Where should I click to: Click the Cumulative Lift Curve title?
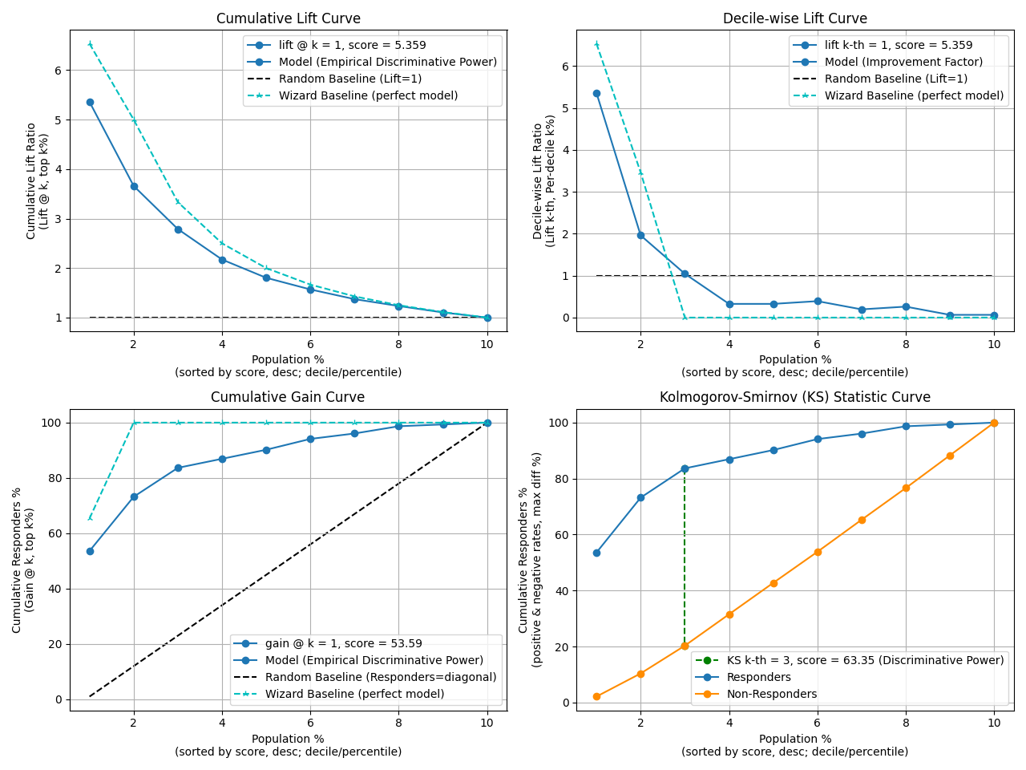[x=289, y=18]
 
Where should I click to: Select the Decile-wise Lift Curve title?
[x=794, y=18]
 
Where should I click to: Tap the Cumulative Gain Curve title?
[x=288, y=397]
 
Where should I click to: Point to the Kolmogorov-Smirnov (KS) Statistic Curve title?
[x=794, y=397]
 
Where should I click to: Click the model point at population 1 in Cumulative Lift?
[x=90, y=102]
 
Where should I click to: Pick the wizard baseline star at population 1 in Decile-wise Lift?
[x=596, y=44]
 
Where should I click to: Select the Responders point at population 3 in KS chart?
[x=685, y=468]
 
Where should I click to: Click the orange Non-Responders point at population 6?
[x=818, y=552]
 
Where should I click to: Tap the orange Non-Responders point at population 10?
[x=994, y=423]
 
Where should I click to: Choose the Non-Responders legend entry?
[x=771, y=694]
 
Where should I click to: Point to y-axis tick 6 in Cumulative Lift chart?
[x=58, y=71]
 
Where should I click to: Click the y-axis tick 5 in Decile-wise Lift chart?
[x=564, y=108]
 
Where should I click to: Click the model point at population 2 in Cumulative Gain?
[x=134, y=496]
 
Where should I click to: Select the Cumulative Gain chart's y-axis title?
[x=23, y=560]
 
